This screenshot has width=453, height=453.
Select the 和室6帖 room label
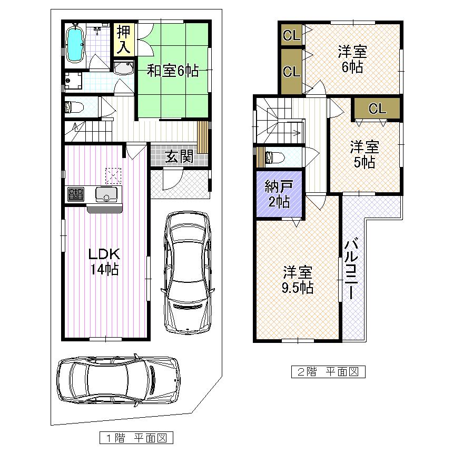(172, 71)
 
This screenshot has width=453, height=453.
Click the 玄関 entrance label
(180, 156)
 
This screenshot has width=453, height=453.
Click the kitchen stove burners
(75, 194)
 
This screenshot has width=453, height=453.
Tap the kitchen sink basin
(106, 195)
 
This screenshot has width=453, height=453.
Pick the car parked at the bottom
(118, 379)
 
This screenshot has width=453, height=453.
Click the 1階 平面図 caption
(136, 437)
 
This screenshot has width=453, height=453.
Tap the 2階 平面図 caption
(328, 372)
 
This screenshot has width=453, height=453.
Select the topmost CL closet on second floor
(291, 36)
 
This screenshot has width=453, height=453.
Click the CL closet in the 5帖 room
(377, 109)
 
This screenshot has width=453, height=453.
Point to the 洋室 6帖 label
(352, 60)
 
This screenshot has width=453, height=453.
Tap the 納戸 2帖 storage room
(279, 194)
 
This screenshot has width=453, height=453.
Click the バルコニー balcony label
(351, 269)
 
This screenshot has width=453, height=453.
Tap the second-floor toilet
(275, 157)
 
